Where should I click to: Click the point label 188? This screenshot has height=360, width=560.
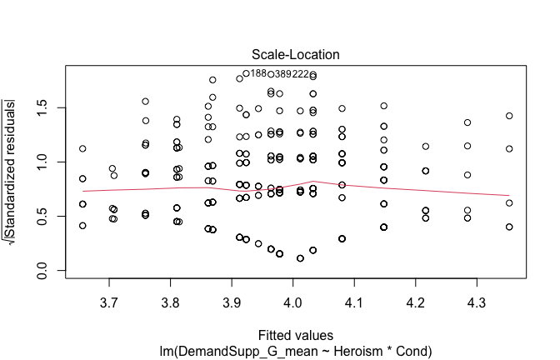click(259, 73)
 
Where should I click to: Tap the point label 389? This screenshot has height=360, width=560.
click(283, 74)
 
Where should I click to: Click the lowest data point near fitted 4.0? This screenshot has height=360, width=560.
click(300, 258)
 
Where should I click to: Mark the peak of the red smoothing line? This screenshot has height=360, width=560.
click(312, 181)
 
